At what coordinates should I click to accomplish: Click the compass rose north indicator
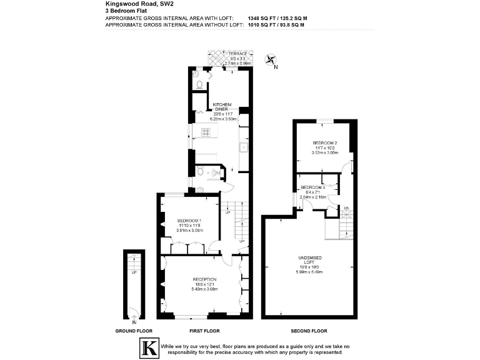pos(272,61)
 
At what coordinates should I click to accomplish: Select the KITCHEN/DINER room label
pos(222,106)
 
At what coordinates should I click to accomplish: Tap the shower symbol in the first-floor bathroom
pos(216,173)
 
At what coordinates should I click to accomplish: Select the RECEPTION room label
pos(204,279)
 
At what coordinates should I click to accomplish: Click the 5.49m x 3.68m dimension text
pos(204,289)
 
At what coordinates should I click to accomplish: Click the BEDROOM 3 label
pos(312,187)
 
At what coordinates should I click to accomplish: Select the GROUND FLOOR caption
pos(134,331)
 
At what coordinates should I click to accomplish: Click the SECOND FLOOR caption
pos(310,331)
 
